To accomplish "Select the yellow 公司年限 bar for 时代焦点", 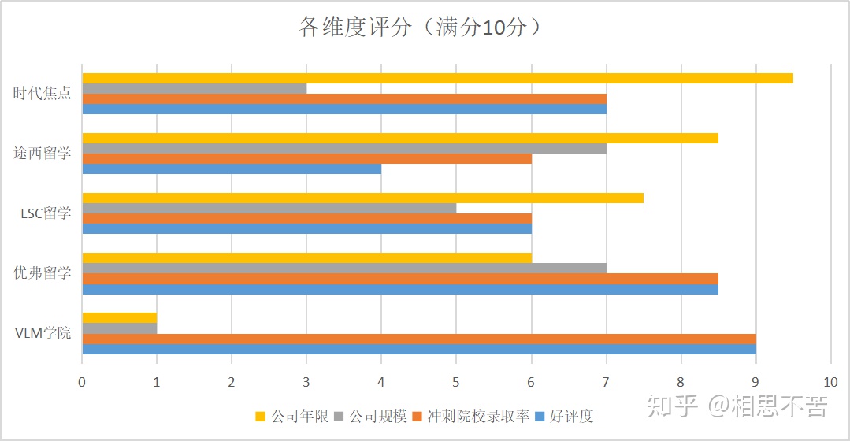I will pos(437,78).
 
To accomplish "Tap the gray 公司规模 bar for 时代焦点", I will pos(194,88).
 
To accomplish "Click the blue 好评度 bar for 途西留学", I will pos(232,169).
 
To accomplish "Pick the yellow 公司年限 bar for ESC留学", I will pos(362,198).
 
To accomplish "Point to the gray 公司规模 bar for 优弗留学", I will pos(344,268).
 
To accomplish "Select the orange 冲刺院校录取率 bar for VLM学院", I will pos(419,339).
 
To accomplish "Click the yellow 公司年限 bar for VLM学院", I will pos(119,318).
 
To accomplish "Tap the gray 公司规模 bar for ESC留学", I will pos(269,208).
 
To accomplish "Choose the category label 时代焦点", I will pos(42,93).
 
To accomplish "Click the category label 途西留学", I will pos(42,153).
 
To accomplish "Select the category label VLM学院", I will pos(43,332).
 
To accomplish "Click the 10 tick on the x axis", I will pos(830,381).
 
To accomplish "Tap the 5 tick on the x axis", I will pos(456,381).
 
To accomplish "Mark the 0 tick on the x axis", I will pos(82,381).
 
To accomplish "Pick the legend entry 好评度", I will pos(570,416).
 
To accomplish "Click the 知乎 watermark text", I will pos(672,406).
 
